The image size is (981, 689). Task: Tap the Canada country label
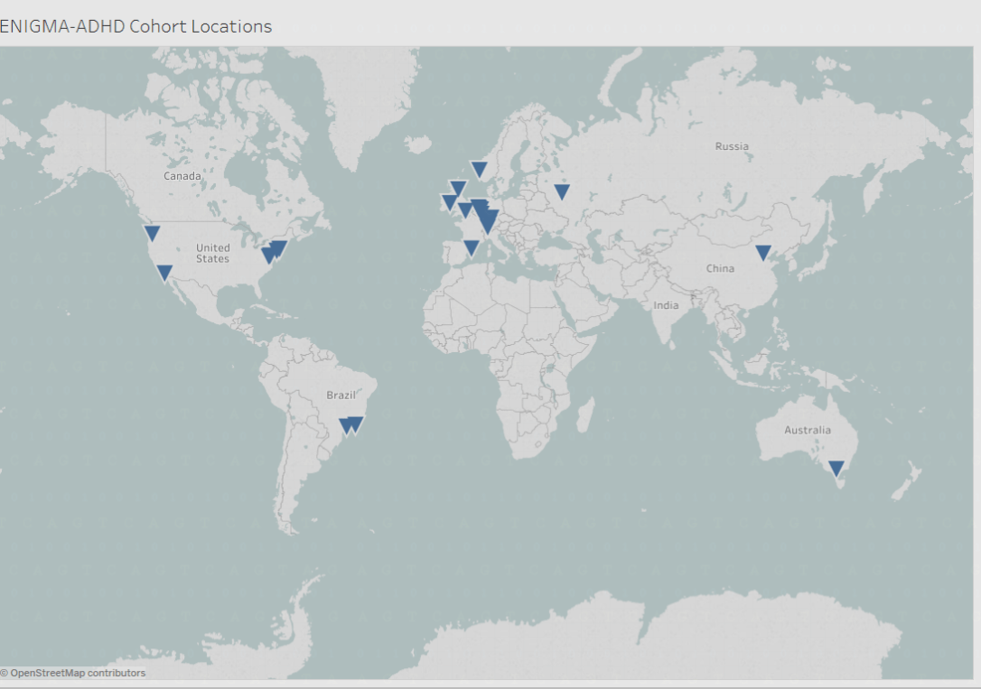point(182,175)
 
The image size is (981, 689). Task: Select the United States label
point(212,253)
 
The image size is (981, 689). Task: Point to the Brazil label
point(341,395)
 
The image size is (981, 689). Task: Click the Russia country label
point(731,146)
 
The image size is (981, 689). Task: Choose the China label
point(720,268)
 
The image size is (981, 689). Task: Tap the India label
point(666,305)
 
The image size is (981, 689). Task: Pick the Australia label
point(807,430)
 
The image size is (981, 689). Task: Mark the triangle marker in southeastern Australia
point(836,468)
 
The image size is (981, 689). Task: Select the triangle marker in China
point(763,252)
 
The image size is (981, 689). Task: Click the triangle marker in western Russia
point(562,191)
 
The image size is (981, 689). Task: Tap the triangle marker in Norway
point(479,169)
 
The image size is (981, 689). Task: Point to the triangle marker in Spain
point(471,247)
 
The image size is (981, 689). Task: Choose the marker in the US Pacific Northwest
point(152,232)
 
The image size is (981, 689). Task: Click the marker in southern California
point(164,272)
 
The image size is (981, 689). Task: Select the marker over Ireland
point(448,201)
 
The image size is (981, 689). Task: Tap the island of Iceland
point(417,143)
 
